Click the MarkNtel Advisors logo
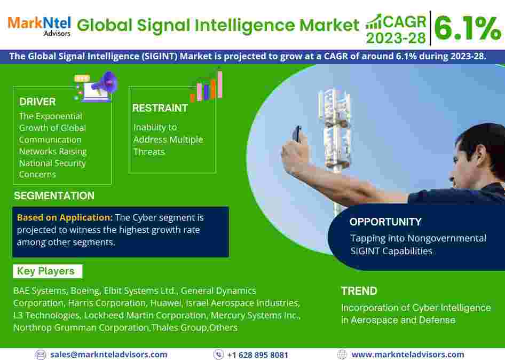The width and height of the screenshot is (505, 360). click(x=39, y=26)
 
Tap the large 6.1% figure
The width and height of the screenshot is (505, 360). click(x=468, y=28)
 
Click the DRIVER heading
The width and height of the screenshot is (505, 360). click(x=37, y=102)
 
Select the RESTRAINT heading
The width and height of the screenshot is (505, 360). click(x=160, y=108)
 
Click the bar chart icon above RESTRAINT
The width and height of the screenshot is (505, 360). click(x=206, y=87)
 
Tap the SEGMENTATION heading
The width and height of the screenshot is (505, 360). click(x=54, y=195)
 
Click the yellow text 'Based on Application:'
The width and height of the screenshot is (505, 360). click(x=65, y=217)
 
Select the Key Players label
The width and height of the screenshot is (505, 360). click(x=46, y=271)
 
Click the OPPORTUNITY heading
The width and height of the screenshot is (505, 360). click(x=385, y=222)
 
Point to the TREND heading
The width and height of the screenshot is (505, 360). click(x=359, y=291)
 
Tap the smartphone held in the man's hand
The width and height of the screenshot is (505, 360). click(x=297, y=134)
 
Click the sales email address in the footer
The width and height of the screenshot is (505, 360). click(x=109, y=355)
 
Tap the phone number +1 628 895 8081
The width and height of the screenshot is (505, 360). click(x=258, y=355)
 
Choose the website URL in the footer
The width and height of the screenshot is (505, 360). click(x=408, y=355)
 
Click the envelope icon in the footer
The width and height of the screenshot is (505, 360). click(x=41, y=355)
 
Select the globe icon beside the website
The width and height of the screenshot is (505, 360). click(x=342, y=355)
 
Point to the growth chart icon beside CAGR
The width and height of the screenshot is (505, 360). click(x=374, y=22)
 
